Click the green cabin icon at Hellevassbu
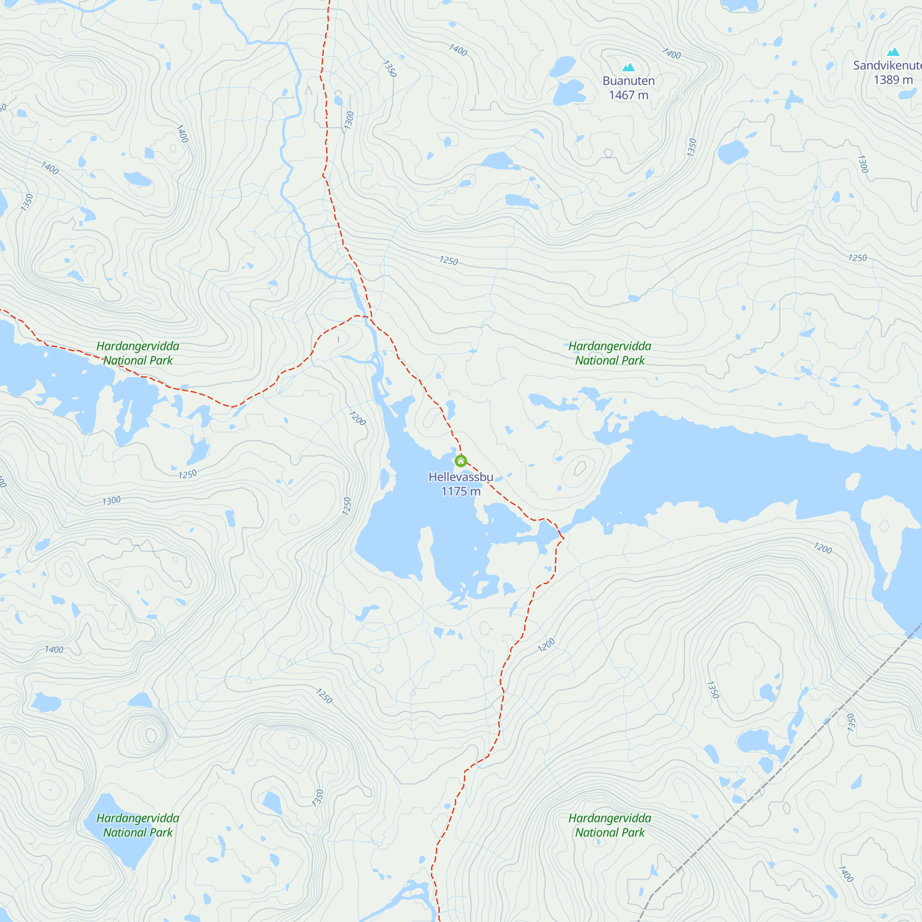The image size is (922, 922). [x=461, y=461]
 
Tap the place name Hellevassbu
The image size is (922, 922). [x=461, y=477]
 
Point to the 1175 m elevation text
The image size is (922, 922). [x=461, y=491]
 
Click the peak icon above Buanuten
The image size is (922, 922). [x=628, y=68]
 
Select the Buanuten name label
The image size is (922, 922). [x=628, y=81]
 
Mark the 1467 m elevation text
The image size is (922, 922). [x=628, y=95]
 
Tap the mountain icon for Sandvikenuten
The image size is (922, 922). [x=893, y=52]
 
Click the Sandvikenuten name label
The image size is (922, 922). [x=887, y=66]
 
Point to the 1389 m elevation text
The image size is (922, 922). [x=893, y=80]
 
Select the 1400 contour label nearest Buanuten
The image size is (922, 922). [x=672, y=54]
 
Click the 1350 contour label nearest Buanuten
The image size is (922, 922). [x=691, y=148]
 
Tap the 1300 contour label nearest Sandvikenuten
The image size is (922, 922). [x=863, y=164]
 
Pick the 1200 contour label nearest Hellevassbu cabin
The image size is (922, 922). [x=357, y=419]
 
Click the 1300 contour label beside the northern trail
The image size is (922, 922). [x=349, y=120]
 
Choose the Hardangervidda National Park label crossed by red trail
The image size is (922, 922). [x=137, y=354]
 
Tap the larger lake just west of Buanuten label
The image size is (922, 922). [x=568, y=92]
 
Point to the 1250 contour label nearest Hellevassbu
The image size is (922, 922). [x=347, y=506]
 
